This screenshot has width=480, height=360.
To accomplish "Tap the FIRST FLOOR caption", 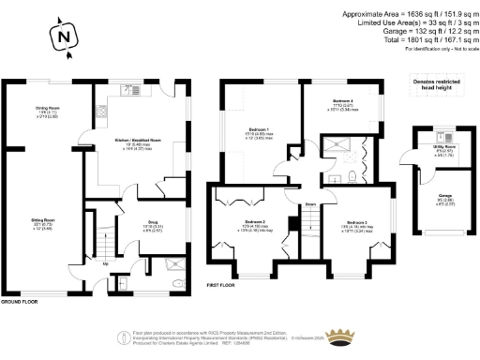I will pyautogui.click(x=221, y=284).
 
